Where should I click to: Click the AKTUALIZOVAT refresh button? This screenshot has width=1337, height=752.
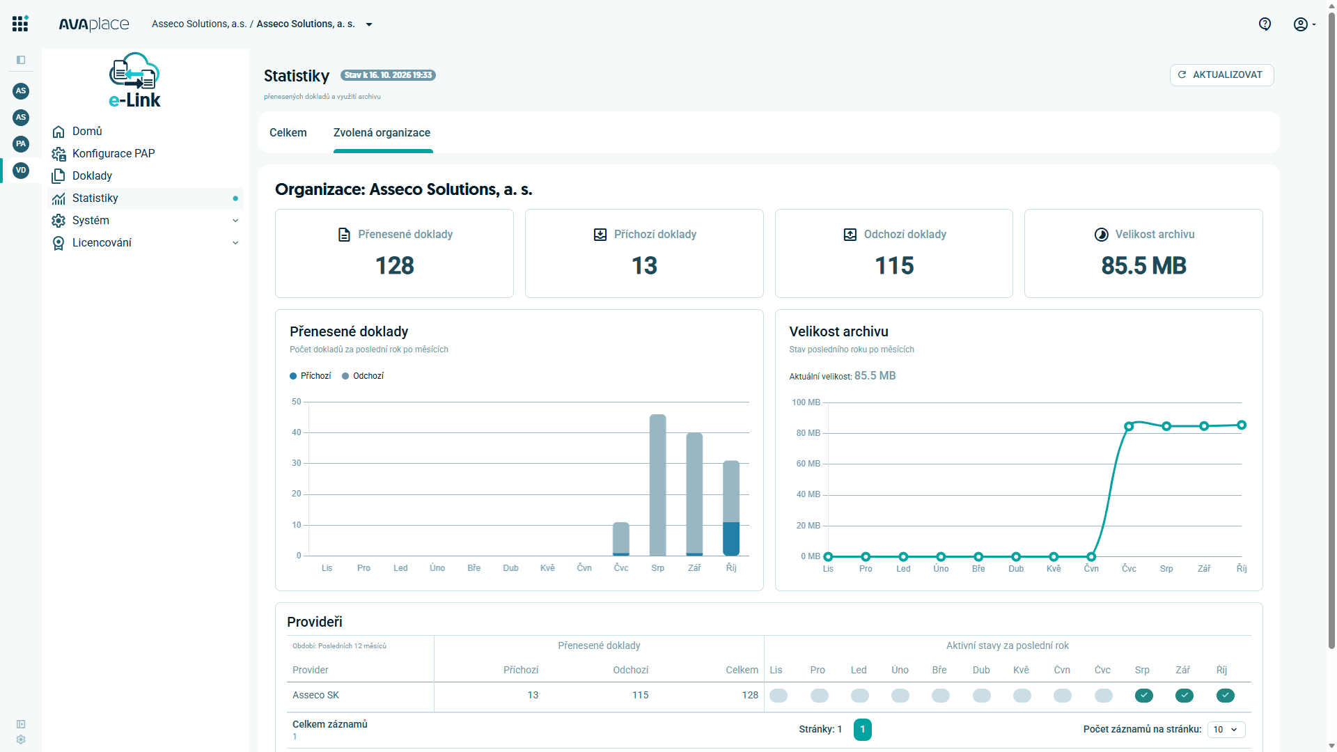coord(1221,75)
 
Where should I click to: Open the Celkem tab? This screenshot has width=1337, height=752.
coord(288,133)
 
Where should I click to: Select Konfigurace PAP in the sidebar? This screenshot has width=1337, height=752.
coord(114,154)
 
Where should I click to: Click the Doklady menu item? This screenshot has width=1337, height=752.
coord(92,176)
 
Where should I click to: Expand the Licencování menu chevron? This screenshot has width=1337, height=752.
coord(235,243)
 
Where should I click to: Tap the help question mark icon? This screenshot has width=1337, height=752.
coord(1265,24)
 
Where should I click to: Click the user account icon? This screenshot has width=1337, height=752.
coord(1300,24)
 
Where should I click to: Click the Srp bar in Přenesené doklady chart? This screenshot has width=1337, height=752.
coord(657,485)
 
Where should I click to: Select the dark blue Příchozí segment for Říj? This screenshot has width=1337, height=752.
coord(731,539)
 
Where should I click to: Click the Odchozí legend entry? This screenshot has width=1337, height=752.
coord(363,376)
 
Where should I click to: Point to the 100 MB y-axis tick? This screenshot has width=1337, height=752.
coord(806,402)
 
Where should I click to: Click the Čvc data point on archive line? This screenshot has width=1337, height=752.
coord(1129,426)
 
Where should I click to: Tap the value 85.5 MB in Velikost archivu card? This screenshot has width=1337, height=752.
coord(1143,266)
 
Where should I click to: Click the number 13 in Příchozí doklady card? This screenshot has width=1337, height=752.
coord(644,266)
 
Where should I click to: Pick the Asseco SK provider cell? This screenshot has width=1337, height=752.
coord(316,696)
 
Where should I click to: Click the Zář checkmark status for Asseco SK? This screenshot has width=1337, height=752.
coord(1184,696)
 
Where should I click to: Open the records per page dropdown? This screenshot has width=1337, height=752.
coord(1226,730)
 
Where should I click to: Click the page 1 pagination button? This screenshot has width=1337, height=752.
coord(862,730)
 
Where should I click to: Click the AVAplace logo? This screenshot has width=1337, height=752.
coord(94,24)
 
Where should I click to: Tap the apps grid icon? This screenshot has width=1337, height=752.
coord(20,24)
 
